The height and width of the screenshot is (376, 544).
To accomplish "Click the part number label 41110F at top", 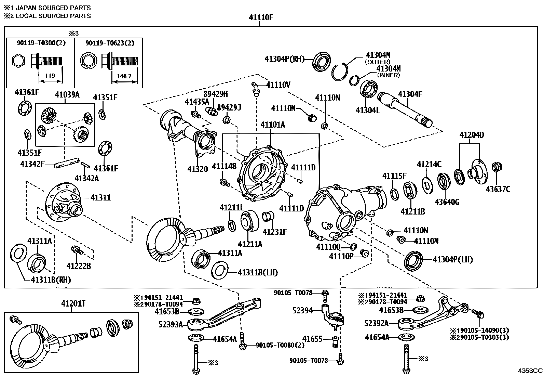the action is [261, 17].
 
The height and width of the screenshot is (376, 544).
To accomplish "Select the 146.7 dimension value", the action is [124, 76].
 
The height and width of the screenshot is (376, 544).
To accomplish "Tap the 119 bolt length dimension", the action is [50, 76].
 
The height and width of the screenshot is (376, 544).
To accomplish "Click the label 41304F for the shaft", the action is [410, 94].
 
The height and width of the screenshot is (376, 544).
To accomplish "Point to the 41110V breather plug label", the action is [278, 85].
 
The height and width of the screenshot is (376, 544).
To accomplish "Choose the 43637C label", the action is [498, 189].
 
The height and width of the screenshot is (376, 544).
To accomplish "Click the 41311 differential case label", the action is [100, 198].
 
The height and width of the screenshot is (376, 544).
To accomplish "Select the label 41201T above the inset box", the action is [73, 303].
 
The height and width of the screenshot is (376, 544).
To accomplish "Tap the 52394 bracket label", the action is [302, 311].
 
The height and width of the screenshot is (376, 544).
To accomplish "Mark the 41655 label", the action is [312, 339].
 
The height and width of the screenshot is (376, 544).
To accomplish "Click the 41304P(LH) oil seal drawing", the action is [413, 261].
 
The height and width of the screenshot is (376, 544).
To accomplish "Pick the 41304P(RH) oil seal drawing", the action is [321, 62].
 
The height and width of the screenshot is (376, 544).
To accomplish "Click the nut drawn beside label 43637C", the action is [497, 167].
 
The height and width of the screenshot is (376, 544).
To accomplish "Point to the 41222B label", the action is [79, 266].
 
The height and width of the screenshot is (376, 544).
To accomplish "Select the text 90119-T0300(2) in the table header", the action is [41, 43].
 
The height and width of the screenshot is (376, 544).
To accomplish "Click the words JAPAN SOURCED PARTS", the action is [53, 8].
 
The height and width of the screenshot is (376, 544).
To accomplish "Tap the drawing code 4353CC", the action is [530, 371].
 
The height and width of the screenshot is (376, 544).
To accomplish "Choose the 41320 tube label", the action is [198, 169].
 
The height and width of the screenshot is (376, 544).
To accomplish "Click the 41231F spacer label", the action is [275, 232].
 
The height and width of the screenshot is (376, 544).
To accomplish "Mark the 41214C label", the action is [429, 165].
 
